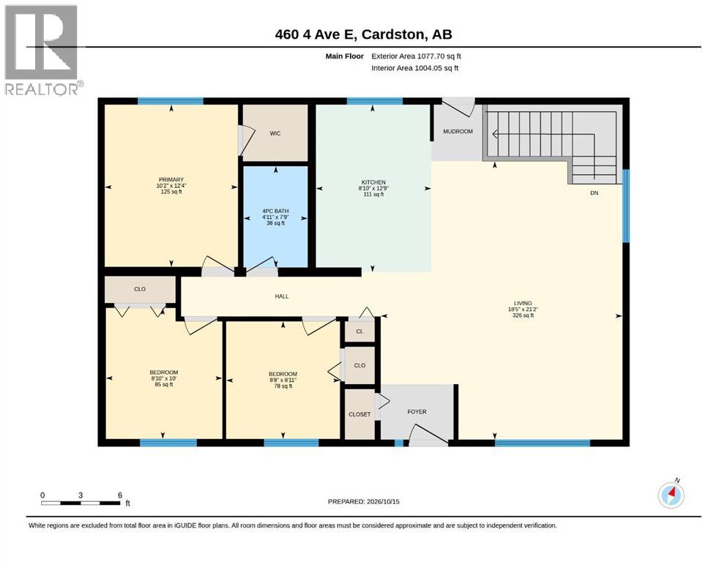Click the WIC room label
coord(275,133)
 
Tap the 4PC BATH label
coord(275,211)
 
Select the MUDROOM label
coord(458,132)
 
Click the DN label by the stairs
coord(594,193)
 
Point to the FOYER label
coord(417,411)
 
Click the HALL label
coord(281,296)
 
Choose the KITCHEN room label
coord(373,182)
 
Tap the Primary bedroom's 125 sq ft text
coord(171,192)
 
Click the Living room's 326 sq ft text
coord(523,315)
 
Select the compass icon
coord(671,495)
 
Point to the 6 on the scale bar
coord(120,495)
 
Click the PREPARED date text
coord(363,502)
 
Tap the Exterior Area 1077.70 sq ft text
coord(416,56)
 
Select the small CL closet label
coord(359,331)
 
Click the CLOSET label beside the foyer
coord(359,414)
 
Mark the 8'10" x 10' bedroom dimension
coord(164,378)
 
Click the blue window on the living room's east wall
coord(626,206)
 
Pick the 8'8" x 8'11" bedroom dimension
coord(283,380)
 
